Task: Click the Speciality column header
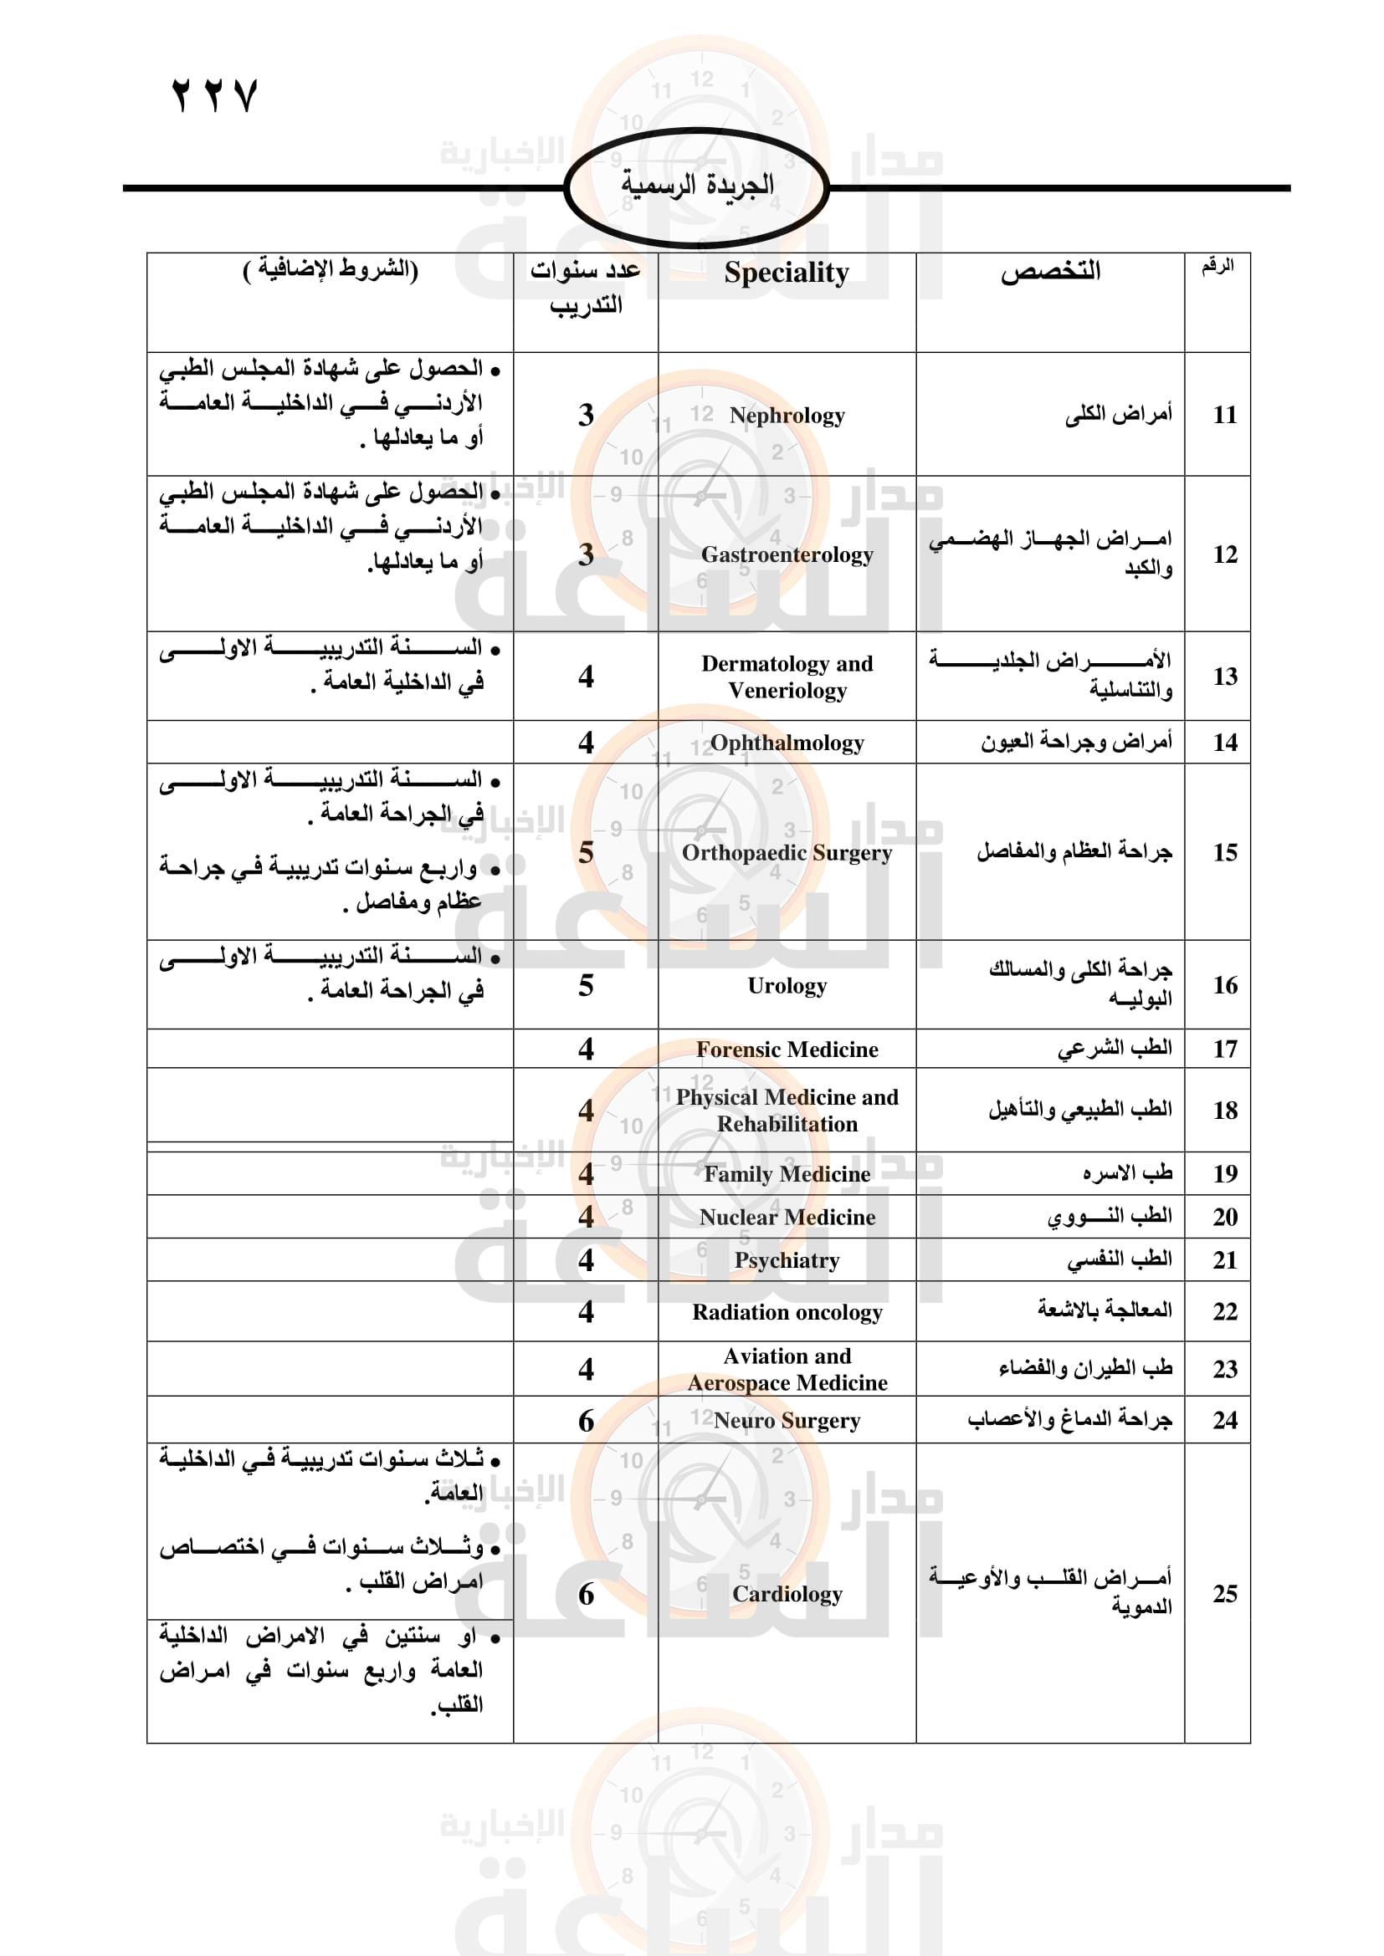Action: (x=787, y=273)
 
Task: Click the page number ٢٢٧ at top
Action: (x=214, y=94)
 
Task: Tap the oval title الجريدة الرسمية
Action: (x=697, y=185)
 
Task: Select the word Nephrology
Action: (x=787, y=416)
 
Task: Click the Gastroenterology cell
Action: (x=787, y=554)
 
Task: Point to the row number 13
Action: (x=1225, y=677)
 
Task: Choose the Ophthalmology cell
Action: (x=787, y=743)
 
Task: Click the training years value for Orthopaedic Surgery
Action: (x=586, y=852)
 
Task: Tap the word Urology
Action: (x=787, y=986)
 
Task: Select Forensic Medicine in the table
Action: (x=787, y=1049)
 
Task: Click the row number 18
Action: (x=1225, y=1110)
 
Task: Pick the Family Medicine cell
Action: (x=787, y=1174)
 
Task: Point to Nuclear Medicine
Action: (x=787, y=1218)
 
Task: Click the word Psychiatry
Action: (x=787, y=1260)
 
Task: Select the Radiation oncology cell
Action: (x=787, y=1312)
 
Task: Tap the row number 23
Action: (x=1225, y=1369)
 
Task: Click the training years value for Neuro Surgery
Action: (x=586, y=1420)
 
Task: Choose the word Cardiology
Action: (x=787, y=1594)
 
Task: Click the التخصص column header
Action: (x=1050, y=272)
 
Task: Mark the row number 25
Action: (x=1225, y=1594)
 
